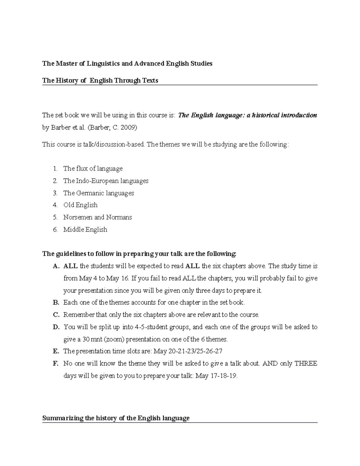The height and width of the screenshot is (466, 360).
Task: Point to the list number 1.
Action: pyautogui.click(x=55, y=169)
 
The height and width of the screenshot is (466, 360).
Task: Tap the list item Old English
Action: pyautogui.click(x=80, y=205)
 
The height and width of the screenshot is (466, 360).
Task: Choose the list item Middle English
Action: pyautogui.click(x=85, y=230)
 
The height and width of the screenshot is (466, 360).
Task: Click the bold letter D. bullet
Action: pyautogui.click(x=56, y=327)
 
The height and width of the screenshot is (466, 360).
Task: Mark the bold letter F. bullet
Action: pyautogui.click(x=55, y=364)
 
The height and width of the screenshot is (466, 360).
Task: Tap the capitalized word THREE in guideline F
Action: pyautogui.click(x=306, y=364)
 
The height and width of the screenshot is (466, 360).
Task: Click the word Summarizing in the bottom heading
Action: pyautogui.click(x=63, y=418)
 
